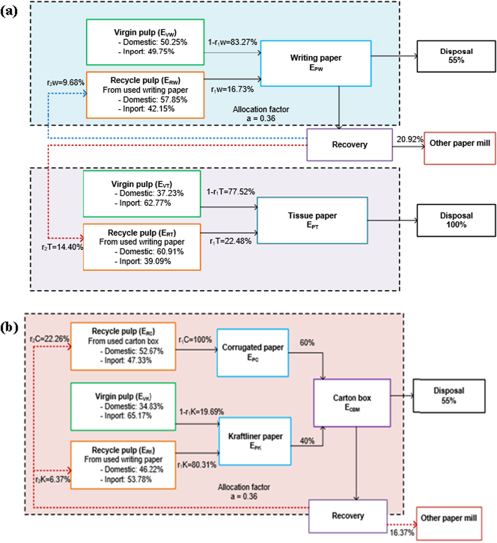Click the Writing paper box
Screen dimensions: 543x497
pos(316,64)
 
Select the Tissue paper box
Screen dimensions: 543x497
pos(312,220)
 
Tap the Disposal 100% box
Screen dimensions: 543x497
pos(456,220)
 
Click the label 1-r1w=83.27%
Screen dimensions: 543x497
pos(232,42)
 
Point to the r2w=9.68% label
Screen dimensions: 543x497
pos(66,82)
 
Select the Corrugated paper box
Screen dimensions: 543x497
pos(252,352)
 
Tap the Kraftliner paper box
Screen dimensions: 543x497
pos(255,441)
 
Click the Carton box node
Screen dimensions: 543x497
pos(352,403)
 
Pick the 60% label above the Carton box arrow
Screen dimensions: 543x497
pos(307,343)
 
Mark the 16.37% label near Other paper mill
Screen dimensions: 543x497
pos(402,533)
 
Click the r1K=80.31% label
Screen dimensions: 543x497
pos(197,465)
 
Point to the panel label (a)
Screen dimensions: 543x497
pos(9,11)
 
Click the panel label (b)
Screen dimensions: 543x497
pos(9,327)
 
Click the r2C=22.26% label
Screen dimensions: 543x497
pos(49,339)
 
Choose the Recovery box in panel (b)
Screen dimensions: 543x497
pos(348,516)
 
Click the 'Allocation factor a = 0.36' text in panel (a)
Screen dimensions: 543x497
pos(261,114)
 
